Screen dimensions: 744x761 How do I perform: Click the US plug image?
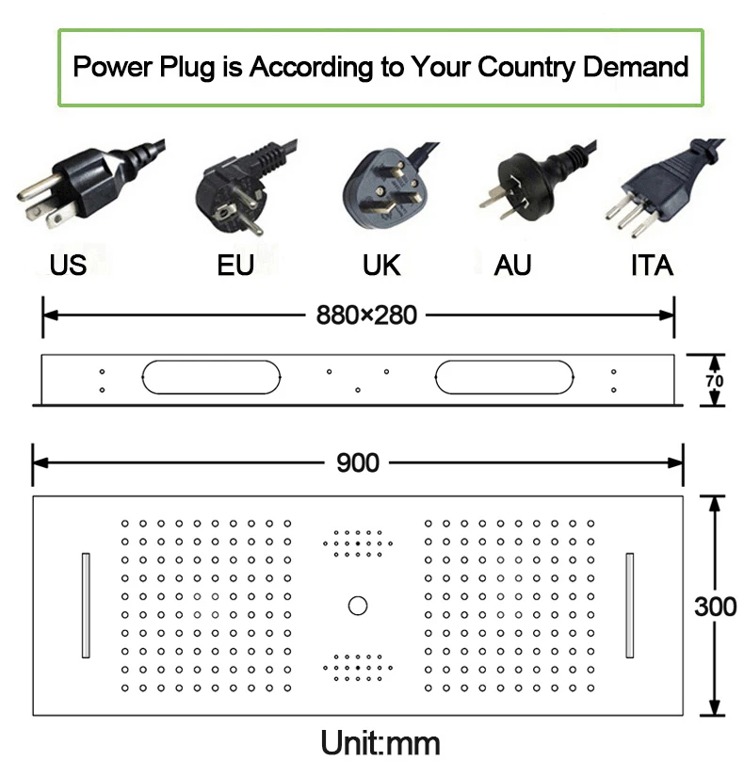(x=89, y=184)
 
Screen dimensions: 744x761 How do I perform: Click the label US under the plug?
(x=68, y=266)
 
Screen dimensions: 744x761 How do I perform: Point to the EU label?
(x=235, y=266)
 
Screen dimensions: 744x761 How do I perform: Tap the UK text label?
(x=381, y=266)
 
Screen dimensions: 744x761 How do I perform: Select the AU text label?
(x=512, y=266)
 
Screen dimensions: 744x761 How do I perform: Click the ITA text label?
(x=652, y=266)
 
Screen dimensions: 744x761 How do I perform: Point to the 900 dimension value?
(x=358, y=462)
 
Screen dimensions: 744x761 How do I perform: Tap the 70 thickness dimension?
(x=716, y=380)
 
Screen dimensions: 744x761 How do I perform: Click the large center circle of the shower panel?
(x=358, y=605)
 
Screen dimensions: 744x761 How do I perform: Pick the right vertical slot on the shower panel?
(x=629, y=605)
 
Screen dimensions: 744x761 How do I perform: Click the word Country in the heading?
(x=526, y=68)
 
